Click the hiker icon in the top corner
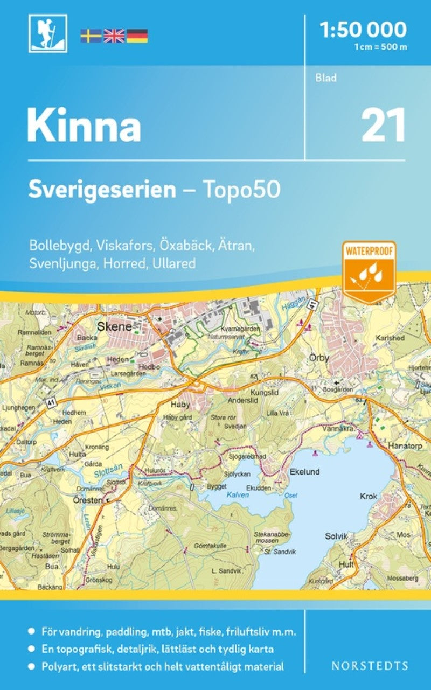coord(48,34)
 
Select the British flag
coord(114,36)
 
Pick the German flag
coord(137,36)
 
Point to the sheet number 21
coord(384,125)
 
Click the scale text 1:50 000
coord(363,29)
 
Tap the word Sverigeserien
coord(102,190)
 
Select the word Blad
coord(326,78)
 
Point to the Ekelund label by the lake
coord(305,472)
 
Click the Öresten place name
coord(87,500)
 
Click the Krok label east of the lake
coord(369,497)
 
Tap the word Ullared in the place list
coord(176,264)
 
